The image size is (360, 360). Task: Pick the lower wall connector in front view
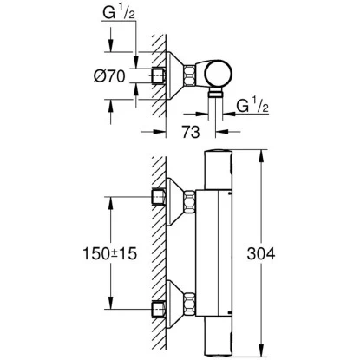187,304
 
